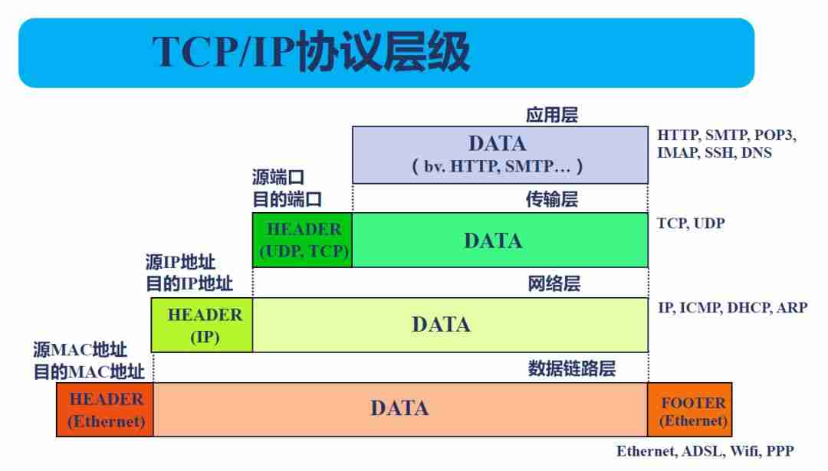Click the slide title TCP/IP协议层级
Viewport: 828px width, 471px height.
(310, 53)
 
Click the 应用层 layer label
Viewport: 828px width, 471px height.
(551, 116)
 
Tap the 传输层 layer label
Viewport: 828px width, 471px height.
(551, 200)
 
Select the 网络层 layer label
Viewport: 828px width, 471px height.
(554, 284)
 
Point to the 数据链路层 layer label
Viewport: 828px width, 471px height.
(571, 368)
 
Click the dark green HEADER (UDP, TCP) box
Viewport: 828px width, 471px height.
(303, 240)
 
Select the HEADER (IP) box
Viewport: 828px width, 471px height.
(204, 325)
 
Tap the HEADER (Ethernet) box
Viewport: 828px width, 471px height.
(106, 410)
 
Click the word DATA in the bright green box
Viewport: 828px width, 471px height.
(493, 240)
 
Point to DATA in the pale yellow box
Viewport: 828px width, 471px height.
(441, 325)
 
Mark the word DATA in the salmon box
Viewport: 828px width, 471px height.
(399, 408)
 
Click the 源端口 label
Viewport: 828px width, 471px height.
(278, 178)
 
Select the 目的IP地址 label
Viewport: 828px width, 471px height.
(189, 283)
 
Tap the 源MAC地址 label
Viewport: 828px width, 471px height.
(80, 350)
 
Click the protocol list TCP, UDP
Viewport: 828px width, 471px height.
(690, 224)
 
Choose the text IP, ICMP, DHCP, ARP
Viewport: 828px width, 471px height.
(732, 308)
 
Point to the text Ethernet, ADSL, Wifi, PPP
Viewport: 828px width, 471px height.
(705, 451)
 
